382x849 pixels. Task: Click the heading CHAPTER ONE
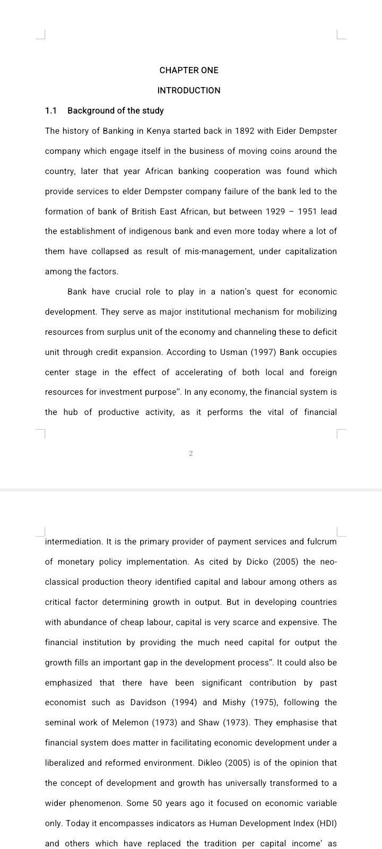[x=189, y=70]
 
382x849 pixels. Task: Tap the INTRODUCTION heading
[x=189, y=90]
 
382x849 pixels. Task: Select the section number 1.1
[x=51, y=110]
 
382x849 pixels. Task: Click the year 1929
[x=275, y=211]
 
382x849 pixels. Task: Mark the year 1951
[x=307, y=211]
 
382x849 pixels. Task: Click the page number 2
[x=191, y=454]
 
